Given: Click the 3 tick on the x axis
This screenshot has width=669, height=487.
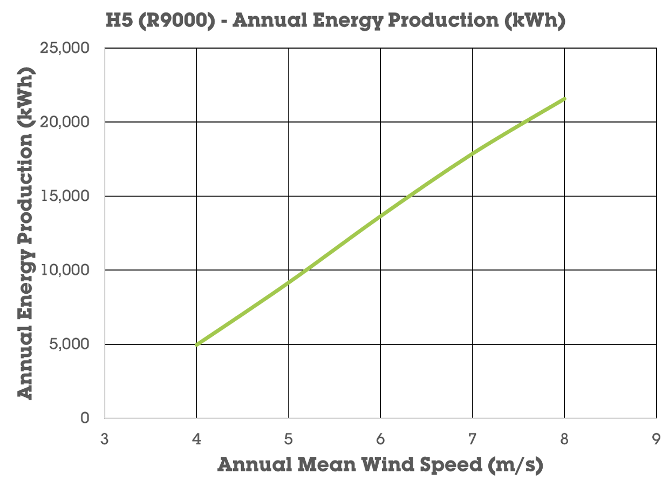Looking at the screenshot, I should pyautogui.click(x=105, y=438).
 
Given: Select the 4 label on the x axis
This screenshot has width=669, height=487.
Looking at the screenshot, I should pyautogui.click(x=196, y=438).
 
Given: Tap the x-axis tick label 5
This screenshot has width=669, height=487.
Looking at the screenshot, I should pyautogui.click(x=289, y=438).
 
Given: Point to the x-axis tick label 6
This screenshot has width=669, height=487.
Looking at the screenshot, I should pyautogui.click(x=380, y=438).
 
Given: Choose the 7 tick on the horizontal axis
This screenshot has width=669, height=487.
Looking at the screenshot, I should pyautogui.click(x=473, y=438).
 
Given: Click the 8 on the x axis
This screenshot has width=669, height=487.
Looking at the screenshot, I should pyautogui.click(x=564, y=438).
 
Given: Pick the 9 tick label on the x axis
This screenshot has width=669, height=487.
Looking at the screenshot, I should pyautogui.click(x=656, y=438).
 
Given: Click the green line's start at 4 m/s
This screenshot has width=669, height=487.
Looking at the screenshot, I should pyautogui.click(x=197, y=344).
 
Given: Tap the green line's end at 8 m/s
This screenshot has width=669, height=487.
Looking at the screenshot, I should pyautogui.click(x=564, y=98).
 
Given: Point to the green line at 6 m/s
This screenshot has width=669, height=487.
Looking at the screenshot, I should pyautogui.click(x=380, y=217).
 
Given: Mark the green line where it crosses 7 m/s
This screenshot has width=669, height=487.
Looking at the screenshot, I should pyautogui.click(x=473, y=153).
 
